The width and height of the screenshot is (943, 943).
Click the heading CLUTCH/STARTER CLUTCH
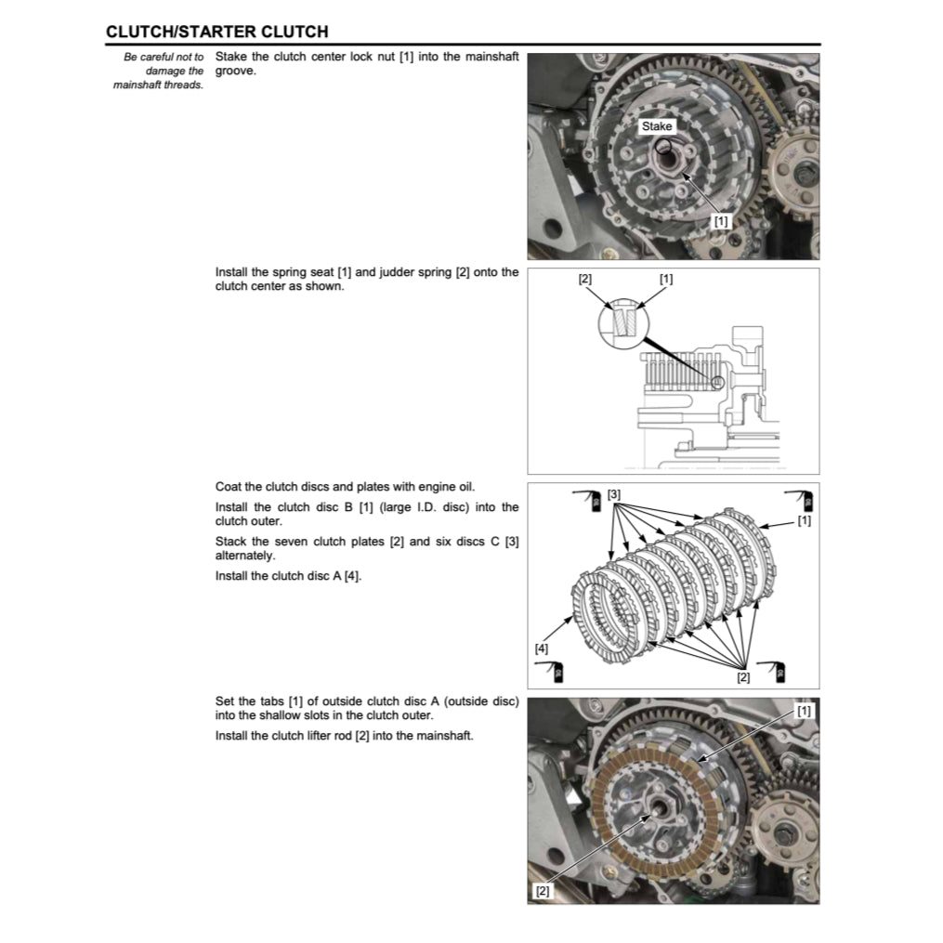pyautogui.click(x=216, y=32)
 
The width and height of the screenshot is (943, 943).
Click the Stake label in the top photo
pyautogui.click(x=656, y=126)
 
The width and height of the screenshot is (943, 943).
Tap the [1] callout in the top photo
pyautogui.click(x=721, y=221)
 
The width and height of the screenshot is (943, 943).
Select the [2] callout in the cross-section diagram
pyautogui.click(x=584, y=279)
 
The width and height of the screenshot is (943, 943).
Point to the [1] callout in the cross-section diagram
pyautogui.click(x=666, y=279)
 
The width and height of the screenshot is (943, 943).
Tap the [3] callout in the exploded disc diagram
pyautogui.click(x=614, y=494)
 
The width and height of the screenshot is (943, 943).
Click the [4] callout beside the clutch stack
pyautogui.click(x=542, y=648)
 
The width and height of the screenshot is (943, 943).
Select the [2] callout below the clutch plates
pyautogui.click(x=743, y=677)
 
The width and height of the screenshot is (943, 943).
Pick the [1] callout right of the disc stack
pyautogui.click(x=804, y=521)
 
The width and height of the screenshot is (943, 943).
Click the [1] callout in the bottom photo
pyautogui.click(x=804, y=711)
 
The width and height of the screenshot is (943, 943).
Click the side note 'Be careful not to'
pyautogui.click(x=164, y=58)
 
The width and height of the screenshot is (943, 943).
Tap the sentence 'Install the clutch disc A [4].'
pyautogui.click(x=288, y=576)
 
